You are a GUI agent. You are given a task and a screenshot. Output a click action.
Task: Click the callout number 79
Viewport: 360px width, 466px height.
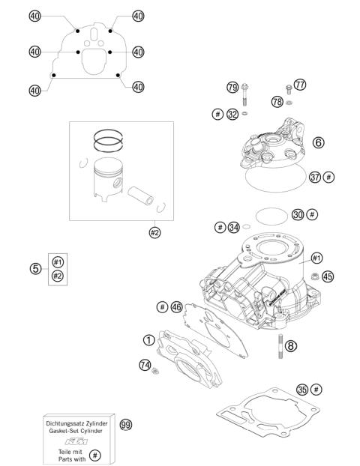pos(232,88)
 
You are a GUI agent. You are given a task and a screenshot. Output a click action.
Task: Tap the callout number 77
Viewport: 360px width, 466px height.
pos(300,85)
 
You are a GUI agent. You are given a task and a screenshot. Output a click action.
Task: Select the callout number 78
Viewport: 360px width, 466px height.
pos(277,101)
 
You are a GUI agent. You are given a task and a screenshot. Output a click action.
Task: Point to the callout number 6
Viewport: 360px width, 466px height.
pos(319,142)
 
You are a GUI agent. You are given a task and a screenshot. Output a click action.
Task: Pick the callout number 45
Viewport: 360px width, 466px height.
pos(327,276)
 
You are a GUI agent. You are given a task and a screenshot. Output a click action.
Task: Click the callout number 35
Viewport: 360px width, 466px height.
pos(301,390)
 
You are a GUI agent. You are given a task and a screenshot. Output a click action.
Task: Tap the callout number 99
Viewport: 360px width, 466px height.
pos(126,424)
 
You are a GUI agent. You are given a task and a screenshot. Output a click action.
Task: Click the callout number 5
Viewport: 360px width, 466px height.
pos(34,268)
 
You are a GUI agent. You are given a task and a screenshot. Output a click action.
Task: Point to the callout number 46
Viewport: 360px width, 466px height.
pos(176,306)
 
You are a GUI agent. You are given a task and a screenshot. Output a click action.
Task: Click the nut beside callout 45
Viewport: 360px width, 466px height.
pos(311,278)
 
